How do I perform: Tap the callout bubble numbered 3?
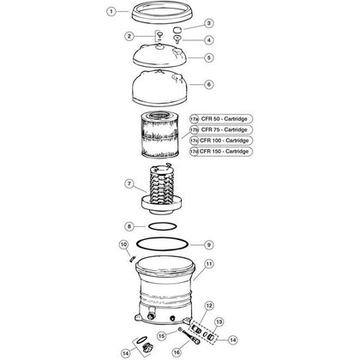(208, 23)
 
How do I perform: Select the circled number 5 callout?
(208, 57)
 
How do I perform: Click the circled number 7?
(129, 183)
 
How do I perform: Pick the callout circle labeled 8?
(129, 226)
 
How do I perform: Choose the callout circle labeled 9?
(208, 243)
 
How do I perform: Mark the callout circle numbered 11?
(208, 265)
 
